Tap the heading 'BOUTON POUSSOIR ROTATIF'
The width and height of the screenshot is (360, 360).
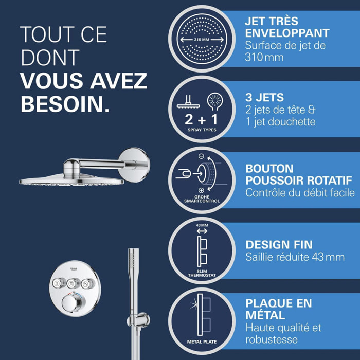[x=298, y=174]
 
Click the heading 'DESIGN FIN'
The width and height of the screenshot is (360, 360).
[x=278, y=245]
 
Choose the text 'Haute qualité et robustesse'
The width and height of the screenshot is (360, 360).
[x=283, y=333]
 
